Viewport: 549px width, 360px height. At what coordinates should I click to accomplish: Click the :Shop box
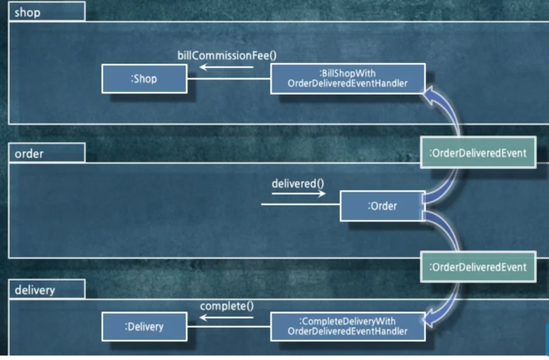coord(144,79)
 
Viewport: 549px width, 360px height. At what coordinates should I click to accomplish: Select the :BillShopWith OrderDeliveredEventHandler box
coord(348,78)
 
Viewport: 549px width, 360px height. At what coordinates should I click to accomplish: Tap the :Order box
coord(382,206)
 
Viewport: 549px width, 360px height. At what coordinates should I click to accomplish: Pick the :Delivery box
coord(144,327)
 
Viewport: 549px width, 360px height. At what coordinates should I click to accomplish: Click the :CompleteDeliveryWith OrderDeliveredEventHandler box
coord(348,326)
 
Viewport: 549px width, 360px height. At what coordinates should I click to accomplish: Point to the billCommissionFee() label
coord(227,56)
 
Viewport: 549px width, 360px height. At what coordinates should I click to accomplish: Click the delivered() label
coord(298,183)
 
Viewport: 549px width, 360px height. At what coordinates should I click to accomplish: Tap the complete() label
coord(227,306)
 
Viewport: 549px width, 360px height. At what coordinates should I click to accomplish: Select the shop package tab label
coord(28,13)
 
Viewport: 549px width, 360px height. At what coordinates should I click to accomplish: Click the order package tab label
coord(29,154)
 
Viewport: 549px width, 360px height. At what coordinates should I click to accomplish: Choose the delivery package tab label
coord(35,290)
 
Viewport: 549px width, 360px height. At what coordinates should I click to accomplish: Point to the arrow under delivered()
coord(298,193)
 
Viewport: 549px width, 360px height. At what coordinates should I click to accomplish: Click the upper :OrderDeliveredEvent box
coord(478,153)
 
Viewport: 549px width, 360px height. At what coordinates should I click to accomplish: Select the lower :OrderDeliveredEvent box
coord(478,267)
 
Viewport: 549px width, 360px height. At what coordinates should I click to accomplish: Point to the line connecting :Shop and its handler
coord(229,79)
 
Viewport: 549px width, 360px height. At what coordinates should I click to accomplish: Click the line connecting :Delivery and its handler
coord(229,327)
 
